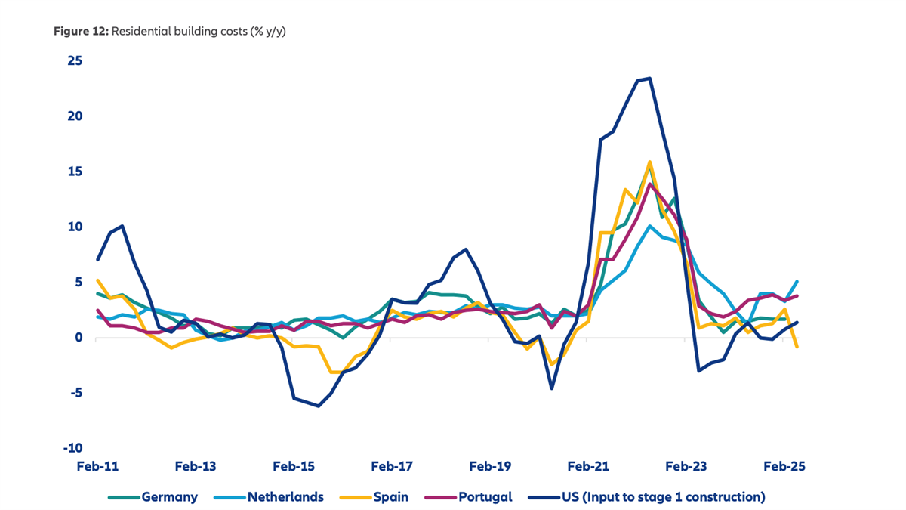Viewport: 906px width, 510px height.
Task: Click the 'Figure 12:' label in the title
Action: click(81, 33)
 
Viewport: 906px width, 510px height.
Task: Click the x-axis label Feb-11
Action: click(97, 466)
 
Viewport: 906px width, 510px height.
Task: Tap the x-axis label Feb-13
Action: click(196, 466)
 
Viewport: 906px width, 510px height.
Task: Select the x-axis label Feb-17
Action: click(392, 466)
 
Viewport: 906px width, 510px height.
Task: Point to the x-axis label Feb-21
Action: click(588, 466)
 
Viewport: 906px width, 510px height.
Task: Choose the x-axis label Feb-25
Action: click(784, 466)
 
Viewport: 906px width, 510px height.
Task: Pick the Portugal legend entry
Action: click(483, 496)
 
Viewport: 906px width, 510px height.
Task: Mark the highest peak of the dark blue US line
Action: click(650, 78)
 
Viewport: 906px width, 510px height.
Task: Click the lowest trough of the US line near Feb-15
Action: click(319, 406)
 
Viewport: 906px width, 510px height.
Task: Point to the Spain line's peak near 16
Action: click(649, 162)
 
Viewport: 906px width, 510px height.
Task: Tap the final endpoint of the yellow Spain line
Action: click(797, 347)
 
